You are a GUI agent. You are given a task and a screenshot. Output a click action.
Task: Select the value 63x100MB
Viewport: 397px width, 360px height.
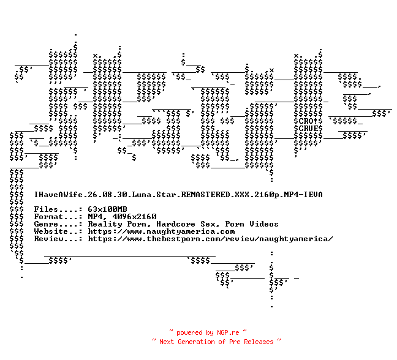pos(107,209)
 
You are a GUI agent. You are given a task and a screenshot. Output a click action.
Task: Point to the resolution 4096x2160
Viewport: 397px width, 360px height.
pos(134,217)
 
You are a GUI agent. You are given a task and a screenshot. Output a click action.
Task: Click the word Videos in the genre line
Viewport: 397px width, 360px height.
pos(264,224)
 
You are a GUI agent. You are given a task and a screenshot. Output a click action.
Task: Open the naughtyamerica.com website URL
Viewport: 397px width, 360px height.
pos(161,231)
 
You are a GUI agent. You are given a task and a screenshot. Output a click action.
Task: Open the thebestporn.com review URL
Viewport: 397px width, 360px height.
pos(210,239)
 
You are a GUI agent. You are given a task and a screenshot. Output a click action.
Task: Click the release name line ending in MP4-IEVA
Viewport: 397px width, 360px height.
pos(178,195)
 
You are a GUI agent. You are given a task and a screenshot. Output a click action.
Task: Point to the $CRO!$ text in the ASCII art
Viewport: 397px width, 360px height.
pos(308,121)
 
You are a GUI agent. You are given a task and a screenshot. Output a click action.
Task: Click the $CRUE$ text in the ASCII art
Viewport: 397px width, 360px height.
pos(308,129)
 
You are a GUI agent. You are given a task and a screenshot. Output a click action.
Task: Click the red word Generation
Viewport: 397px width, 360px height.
pos(196,342)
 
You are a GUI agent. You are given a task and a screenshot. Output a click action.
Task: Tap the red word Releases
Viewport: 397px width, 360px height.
pos(259,342)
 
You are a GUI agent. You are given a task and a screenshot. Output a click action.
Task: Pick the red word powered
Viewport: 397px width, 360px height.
pos(190,332)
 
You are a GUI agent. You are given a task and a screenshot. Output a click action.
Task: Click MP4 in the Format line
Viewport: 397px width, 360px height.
pos(95,217)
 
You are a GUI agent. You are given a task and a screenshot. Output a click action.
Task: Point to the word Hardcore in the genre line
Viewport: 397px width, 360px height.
pos(176,224)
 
